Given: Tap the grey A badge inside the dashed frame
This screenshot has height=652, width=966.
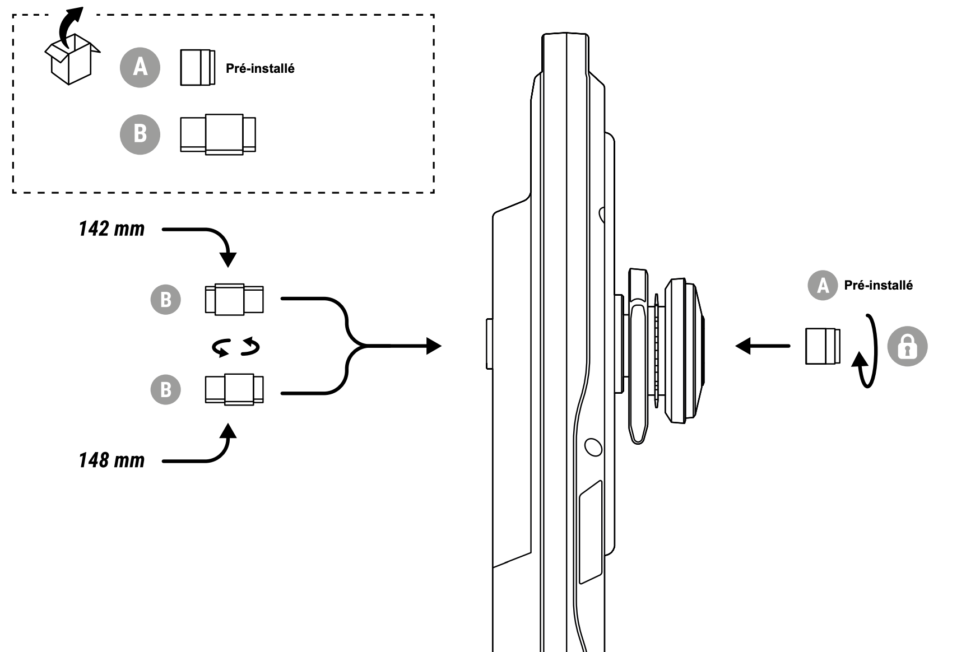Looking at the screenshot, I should point(140,67).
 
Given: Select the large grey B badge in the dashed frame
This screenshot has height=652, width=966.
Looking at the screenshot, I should point(140,134).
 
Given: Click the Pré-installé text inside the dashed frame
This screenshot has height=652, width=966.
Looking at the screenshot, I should point(260,68).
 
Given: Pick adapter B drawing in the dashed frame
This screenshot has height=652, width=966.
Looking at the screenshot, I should point(218,134).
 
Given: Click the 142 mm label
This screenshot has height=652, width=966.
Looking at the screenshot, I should point(112,229).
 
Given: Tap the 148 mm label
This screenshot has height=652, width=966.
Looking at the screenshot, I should point(112,460).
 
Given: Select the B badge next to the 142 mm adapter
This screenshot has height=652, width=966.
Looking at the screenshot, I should point(166,300).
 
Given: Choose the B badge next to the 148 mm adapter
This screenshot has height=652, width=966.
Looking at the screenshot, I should point(166,390).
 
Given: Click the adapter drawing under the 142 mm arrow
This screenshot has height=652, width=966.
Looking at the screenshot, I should point(234,300).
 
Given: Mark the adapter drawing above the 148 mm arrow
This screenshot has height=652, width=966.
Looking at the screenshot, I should point(234,389).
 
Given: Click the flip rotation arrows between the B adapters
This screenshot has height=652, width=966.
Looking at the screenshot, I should point(236,347).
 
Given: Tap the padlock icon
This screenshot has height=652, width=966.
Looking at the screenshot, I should point(907,347).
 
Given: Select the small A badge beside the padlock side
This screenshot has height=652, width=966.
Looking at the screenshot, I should point(822,286).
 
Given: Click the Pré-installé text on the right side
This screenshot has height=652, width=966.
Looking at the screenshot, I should point(878,286).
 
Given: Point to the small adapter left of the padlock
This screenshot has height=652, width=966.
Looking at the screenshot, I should point(823,346).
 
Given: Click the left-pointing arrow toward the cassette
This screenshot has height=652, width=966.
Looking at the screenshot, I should point(762,346).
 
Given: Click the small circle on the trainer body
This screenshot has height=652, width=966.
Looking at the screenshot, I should point(593,447).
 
